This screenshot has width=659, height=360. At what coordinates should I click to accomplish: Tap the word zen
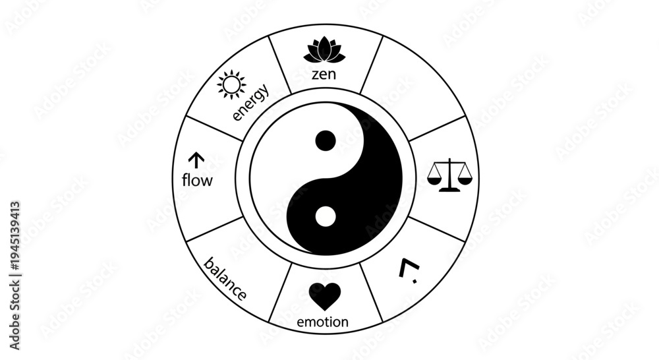point(324,75)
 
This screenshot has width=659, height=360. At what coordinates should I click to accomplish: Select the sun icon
point(231,85)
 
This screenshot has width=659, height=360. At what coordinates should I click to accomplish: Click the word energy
point(251,102)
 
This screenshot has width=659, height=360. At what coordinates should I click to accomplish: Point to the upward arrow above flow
point(196,160)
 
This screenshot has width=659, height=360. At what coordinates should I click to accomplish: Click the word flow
point(197,180)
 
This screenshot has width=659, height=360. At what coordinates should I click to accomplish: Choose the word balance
point(225,279)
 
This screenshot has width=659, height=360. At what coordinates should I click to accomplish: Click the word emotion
point(323,322)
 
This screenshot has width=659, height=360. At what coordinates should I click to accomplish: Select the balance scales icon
point(449,175)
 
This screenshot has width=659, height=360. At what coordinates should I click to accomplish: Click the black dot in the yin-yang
point(326,141)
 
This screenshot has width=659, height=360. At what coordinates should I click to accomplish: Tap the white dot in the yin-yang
point(326,217)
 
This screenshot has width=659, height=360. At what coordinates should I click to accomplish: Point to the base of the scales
point(449,190)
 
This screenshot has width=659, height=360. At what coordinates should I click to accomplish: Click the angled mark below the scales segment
point(409,271)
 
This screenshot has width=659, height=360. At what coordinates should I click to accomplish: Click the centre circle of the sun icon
point(231,85)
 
